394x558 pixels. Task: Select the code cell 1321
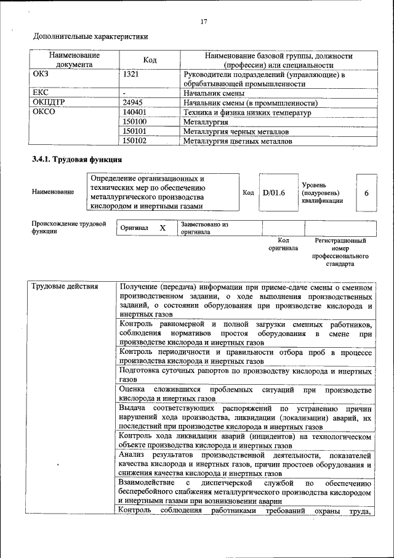coord(131,75)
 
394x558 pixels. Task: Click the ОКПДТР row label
coord(49,103)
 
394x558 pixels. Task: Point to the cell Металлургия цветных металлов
coord(238,141)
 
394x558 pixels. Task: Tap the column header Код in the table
coord(150,60)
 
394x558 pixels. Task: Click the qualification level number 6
coord(366,193)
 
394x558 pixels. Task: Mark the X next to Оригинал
coord(163,228)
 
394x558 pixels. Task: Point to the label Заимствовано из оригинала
coord(204,228)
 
